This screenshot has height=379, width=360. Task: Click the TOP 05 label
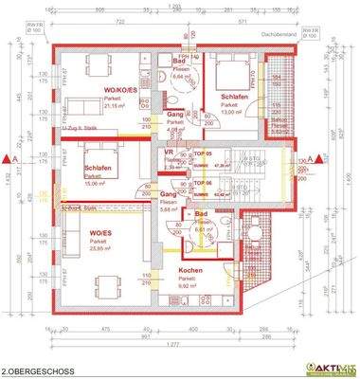click(200, 153)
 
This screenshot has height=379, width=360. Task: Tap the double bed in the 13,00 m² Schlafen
click(227, 70)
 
